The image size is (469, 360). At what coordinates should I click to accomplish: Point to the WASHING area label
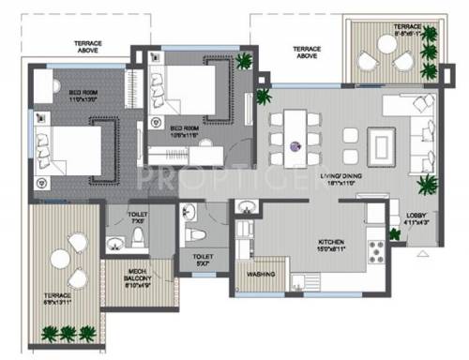(x=261, y=276)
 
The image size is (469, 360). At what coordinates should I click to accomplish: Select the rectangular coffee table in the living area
(x=384, y=144)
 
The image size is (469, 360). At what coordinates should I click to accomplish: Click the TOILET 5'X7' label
(x=203, y=258)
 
